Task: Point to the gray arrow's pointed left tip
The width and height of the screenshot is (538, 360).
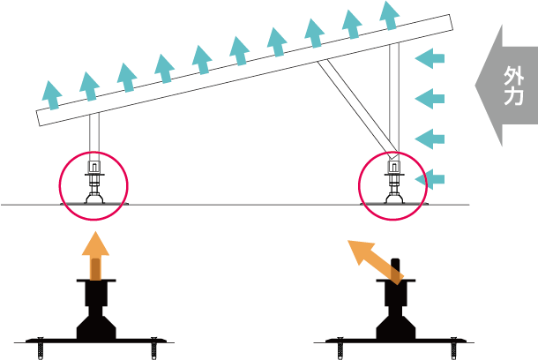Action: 477,86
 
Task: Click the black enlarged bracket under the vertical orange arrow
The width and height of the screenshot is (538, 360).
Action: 96,319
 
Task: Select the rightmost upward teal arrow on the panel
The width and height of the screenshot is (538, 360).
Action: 388,15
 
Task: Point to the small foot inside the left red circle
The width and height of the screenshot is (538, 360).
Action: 93,189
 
